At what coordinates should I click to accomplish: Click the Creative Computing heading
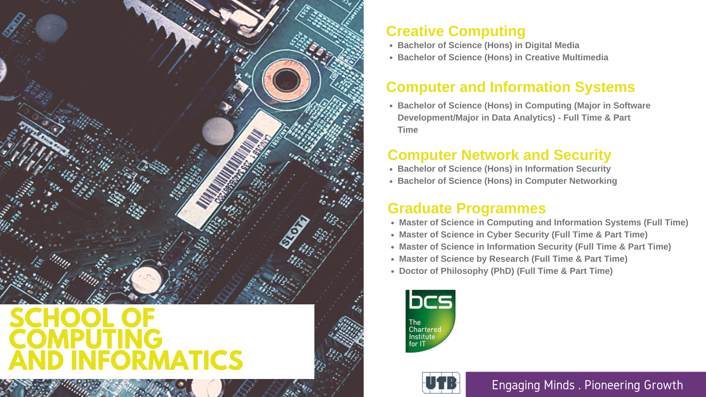tap(456, 32)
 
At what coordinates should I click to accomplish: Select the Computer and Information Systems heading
tap(510, 87)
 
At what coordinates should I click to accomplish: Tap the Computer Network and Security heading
tap(499, 155)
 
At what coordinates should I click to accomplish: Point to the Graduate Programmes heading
tap(467, 208)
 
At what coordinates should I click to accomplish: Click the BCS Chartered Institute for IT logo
tap(430, 321)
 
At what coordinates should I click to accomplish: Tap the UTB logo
tap(441, 383)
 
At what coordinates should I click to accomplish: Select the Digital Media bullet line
tap(488, 45)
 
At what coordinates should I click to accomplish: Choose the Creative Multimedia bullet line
tap(503, 57)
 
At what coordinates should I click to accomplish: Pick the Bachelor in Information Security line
tap(504, 169)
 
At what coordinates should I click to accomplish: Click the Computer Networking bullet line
tap(507, 181)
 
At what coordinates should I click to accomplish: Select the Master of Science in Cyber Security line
tap(523, 235)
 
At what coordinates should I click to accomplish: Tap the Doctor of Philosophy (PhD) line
tap(506, 271)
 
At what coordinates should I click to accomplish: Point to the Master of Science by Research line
tap(513, 259)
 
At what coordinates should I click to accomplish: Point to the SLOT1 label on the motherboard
tap(294, 232)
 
